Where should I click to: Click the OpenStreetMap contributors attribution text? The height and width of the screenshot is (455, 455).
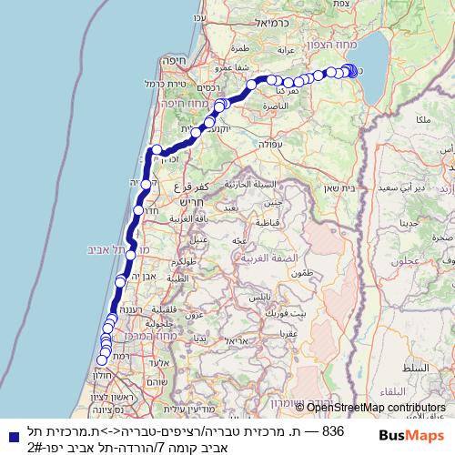pyautogui.click(x=377, y=407)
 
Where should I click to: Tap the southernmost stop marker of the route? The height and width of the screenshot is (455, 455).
pyautogui.click(x=100, y=360)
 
